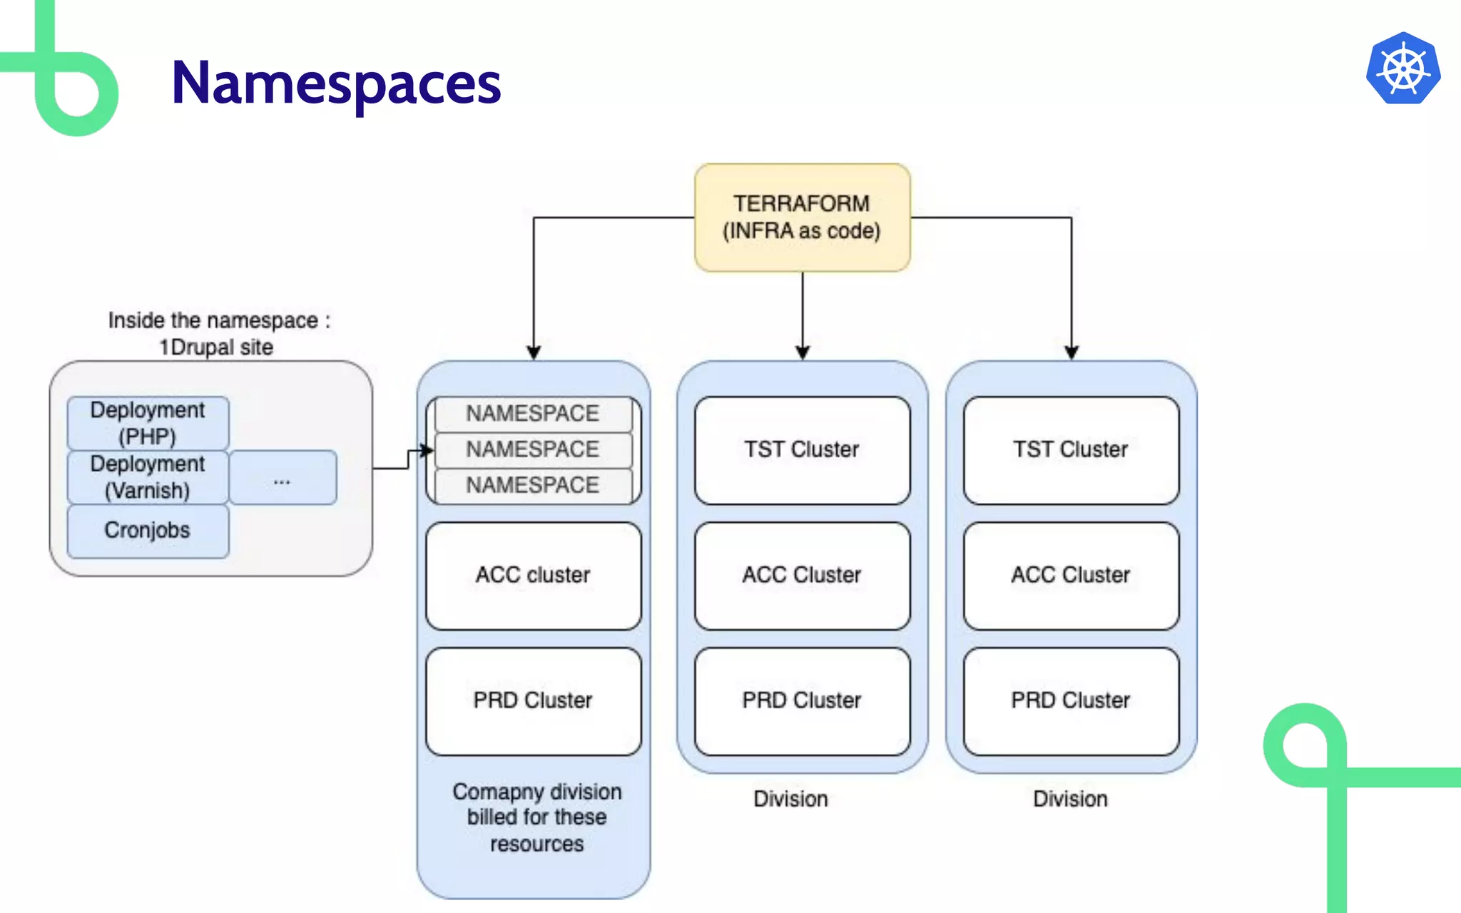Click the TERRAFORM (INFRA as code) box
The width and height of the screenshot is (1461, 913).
[802, 218]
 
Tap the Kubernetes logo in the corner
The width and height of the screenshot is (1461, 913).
[1403, 69]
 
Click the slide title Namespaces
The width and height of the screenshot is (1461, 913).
[336, 83]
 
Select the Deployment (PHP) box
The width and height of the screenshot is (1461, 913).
[148, 423]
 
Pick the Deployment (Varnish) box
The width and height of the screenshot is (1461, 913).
[148, 477]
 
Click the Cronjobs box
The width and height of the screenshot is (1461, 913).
[148, 531]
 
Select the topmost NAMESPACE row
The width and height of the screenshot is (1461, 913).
[533, 414]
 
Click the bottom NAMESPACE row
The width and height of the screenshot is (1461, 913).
[533, 486]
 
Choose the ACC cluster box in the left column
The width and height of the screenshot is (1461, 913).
[533, 576]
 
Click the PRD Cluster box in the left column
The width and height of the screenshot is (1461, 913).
[533, 701]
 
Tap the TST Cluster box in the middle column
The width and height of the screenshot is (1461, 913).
[802, 450]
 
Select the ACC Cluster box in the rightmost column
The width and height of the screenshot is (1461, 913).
[1071, 576]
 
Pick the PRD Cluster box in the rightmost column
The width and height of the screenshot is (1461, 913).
[1071, 701]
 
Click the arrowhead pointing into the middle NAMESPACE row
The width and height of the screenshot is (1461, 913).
[427, 451]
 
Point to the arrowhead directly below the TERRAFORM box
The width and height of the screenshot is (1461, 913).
[803, 352]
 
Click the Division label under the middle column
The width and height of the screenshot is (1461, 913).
[790, 799]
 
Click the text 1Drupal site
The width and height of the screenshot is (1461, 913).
[216, 347]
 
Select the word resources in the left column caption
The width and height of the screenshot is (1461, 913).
[536, 845]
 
